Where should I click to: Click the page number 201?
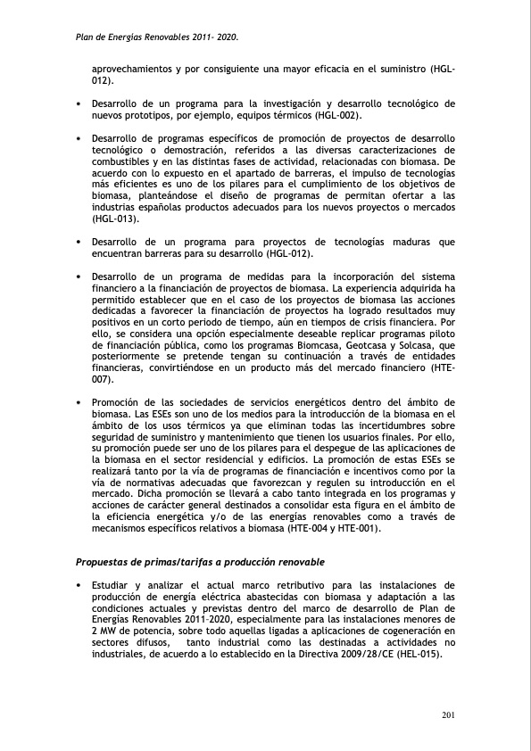[449, 715]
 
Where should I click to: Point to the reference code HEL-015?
[416, 652]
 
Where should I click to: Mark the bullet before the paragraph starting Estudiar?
[79, 584]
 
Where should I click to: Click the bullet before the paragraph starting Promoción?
[79, 402]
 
